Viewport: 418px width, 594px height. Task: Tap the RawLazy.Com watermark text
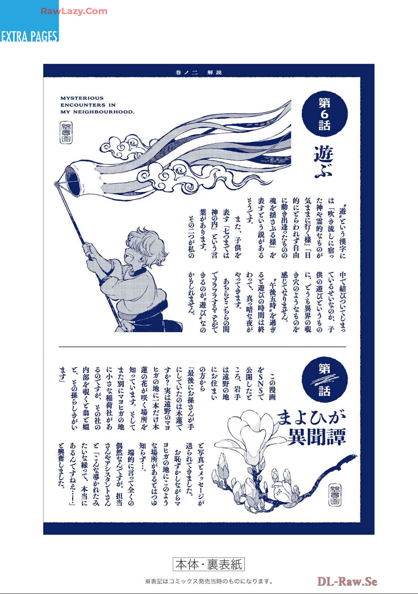click(x=74, y=11)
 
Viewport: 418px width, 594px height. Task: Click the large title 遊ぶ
click(x=324, y=162)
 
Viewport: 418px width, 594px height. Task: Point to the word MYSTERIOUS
click(x=82, y=98)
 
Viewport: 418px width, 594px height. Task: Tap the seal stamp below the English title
click(x=66, y=132)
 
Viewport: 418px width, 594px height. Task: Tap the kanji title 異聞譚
click(x=316, y=437)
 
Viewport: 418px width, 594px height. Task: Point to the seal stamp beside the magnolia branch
click(x=335, y=495)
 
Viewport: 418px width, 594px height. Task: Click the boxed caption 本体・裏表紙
click(x=209, y=564)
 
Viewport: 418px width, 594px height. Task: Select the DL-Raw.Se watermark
click(x=347, y=581)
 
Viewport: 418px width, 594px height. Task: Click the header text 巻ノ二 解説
click(x=199, y=72)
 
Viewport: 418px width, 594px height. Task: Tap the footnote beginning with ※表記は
click(x=209, y=581)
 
